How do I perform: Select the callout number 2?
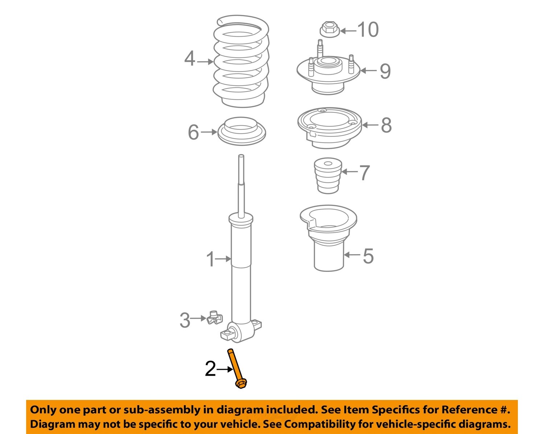210,369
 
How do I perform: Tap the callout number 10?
368,30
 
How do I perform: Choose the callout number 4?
190,59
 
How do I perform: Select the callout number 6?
193,132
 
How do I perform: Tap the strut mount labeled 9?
328,74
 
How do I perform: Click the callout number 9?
385,71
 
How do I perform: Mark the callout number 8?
386,125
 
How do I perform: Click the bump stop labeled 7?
328,175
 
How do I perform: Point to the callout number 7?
364,173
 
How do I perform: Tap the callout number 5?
368,256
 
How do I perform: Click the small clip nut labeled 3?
214,318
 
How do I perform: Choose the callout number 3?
185,321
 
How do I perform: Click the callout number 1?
210,260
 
